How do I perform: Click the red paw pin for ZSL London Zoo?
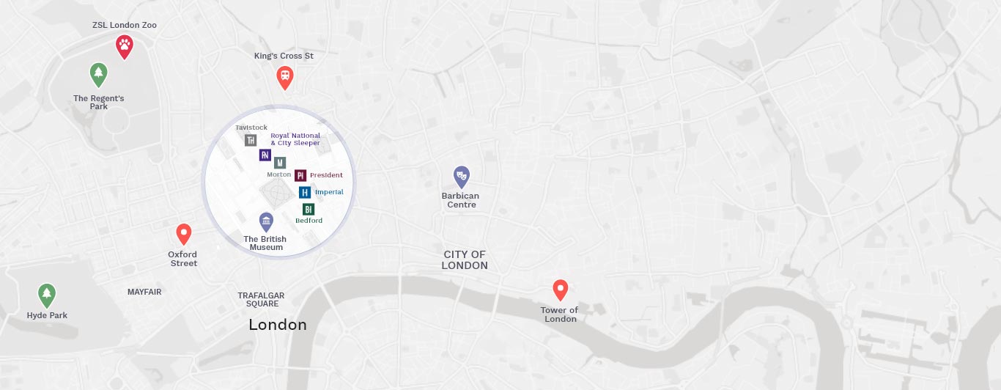click(x=125, y=46)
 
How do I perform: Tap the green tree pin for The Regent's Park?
click(x=98, y=73)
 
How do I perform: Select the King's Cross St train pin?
click(x=285, y=76)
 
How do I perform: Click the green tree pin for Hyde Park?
click(x=47, y=295)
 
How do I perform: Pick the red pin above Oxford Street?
click(x=184, y=234)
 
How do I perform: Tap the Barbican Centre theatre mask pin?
click(x=461, y=176)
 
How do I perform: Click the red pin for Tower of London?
click(x=561, y=290)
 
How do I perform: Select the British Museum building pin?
click(x=266, y=221)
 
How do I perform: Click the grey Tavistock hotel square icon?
click(x=251, y=140)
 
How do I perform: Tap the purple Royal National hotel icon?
click(x=265, y=155)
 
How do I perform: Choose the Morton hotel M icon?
click(x=280, y=163)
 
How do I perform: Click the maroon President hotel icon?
click(x=300, y=175)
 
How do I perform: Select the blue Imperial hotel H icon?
click(x=305, y=192)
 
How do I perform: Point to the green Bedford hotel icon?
click(x=309, y=209)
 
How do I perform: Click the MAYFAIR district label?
click(x=144, y=292)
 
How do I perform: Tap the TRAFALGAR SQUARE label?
click(x=261, y=300)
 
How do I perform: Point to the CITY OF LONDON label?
click(x=465, y=260)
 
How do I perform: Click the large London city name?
click(x=278, y=324)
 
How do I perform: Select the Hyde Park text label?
click(x=47, y=315)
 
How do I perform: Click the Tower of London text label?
click(x=560, y=314)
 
